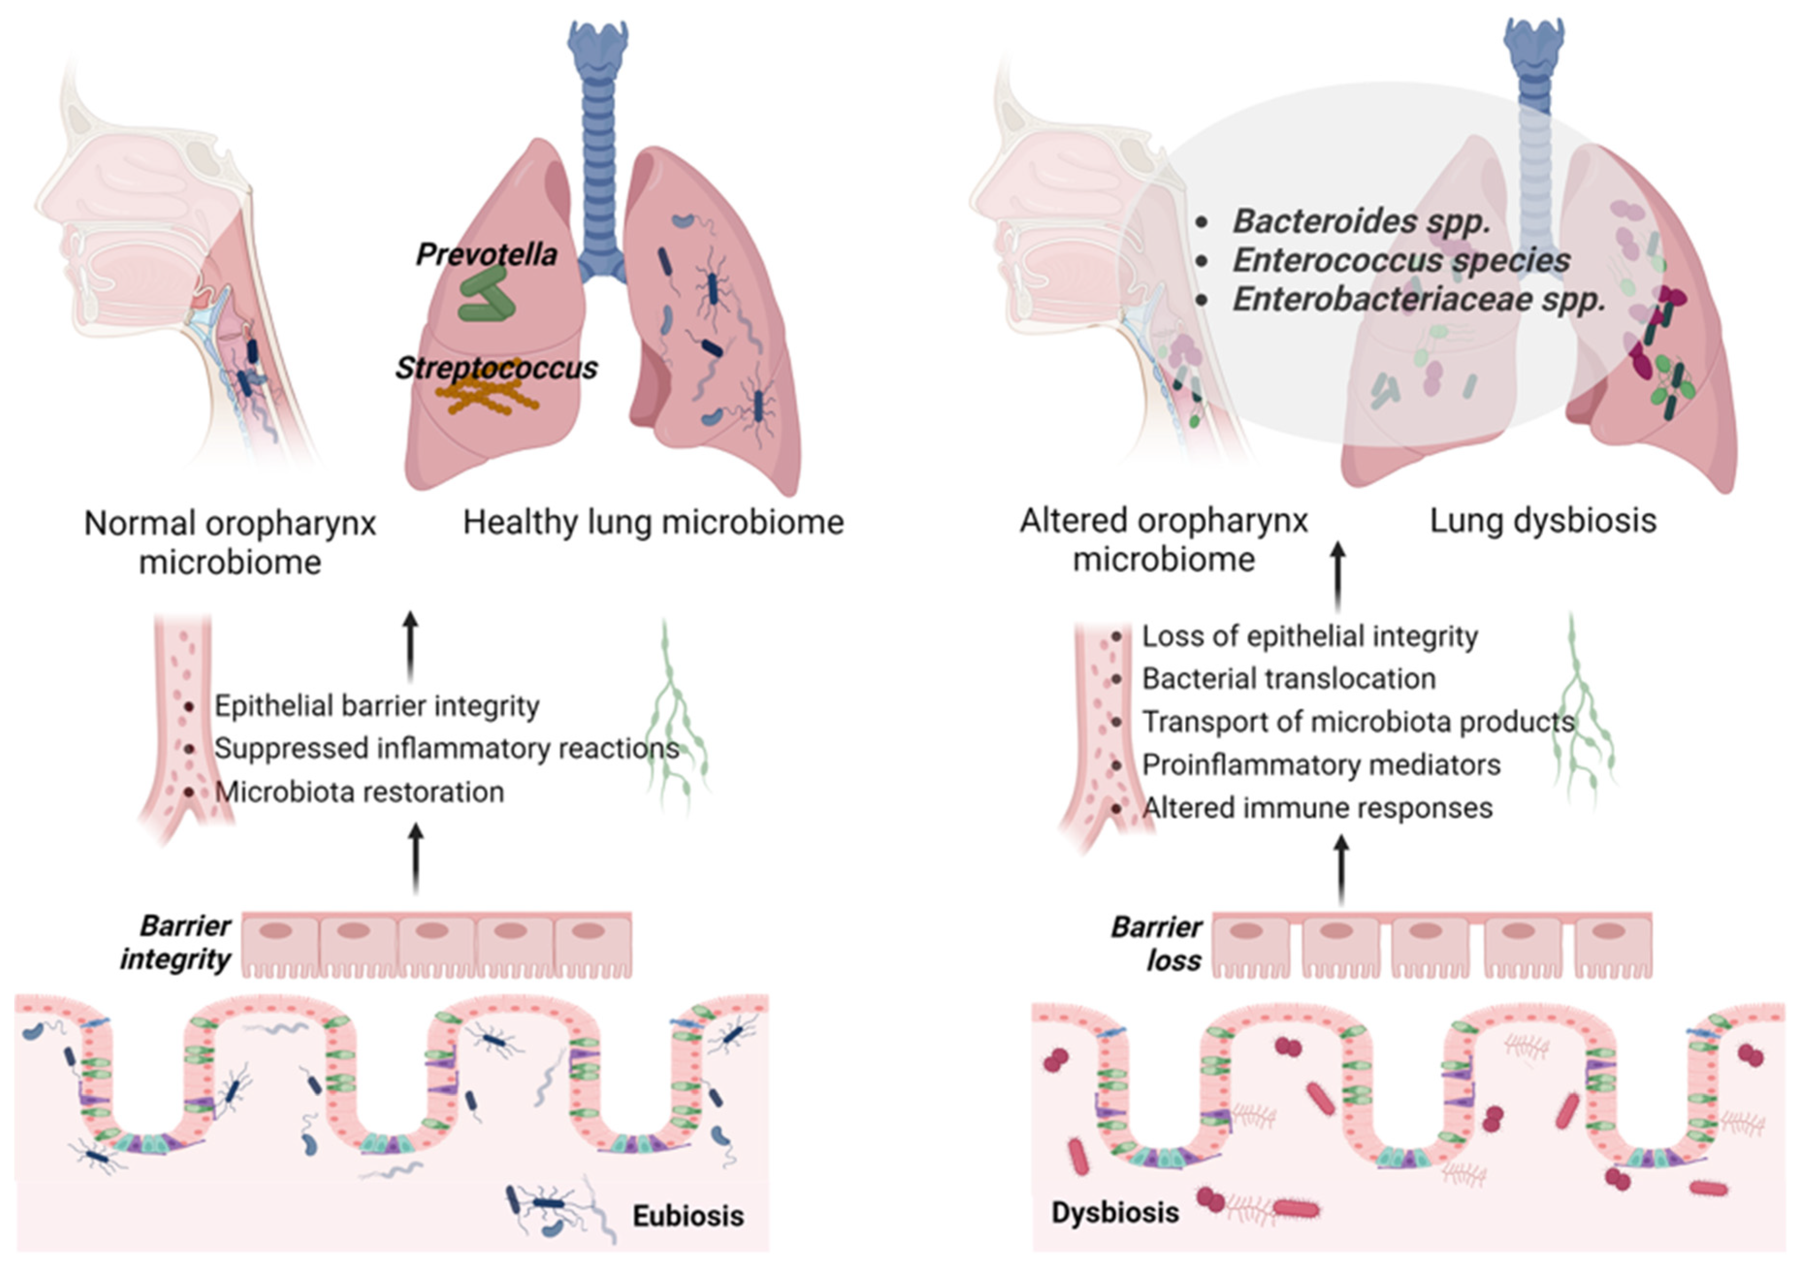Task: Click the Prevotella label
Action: pyautogui.click(x=486, y=254)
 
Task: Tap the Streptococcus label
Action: pyautogui.click(x=496, y=367)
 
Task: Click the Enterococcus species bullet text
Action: pyautogui.click(x=1401, y=260)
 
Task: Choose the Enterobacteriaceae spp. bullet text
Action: pyautogui.click(x=1418, y=299)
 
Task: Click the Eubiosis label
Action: pyautogui.click(x=688, y=1216)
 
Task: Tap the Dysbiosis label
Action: pyautogui.click(x=1114, y=1212)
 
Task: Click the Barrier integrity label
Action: pyautogui.click(x=177, y=942)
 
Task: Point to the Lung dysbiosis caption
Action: pyautogui.click(x=1542, y=521)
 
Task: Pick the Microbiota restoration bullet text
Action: pyautogui.click(x=359, y=792)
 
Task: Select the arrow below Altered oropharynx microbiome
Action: pyautogui.click(x=1338, y=577)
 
